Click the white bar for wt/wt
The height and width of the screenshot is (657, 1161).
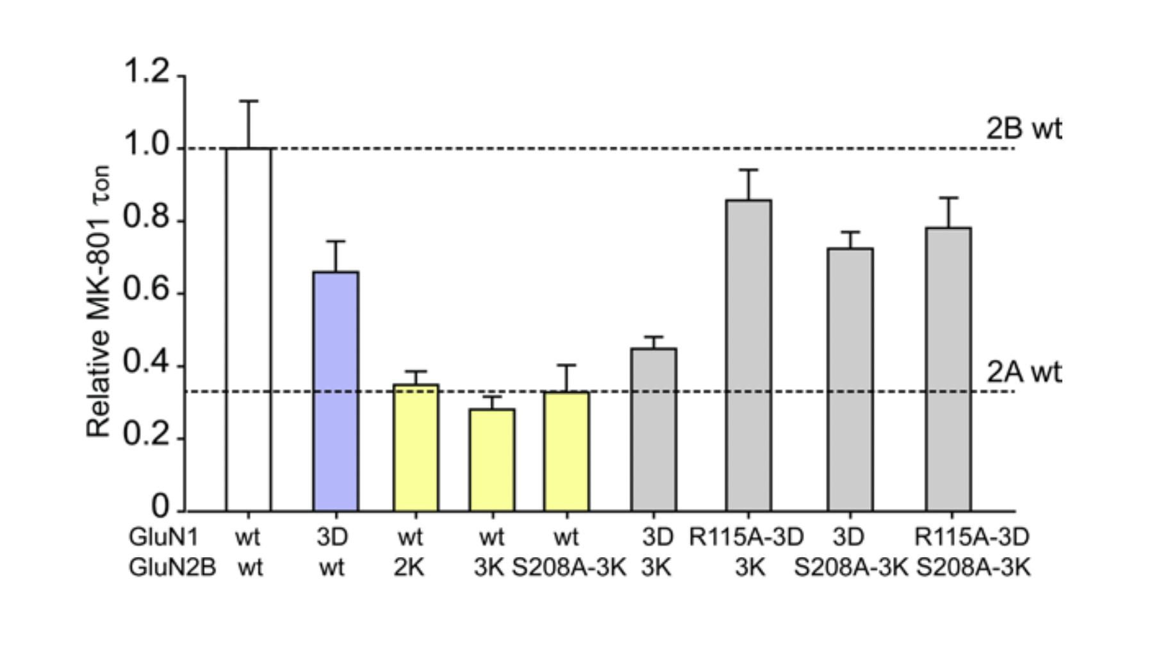pyautogui.click(x=248, y=330)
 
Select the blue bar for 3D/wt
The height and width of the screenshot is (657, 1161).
pyautogui.click(x=335, y=391)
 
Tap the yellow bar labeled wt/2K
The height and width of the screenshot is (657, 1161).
pyautogui.click(x=415, y=448)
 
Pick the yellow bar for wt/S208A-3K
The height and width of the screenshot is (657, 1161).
pyautogui.click(x=566, y=451)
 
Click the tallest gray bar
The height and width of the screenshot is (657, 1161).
pyautogui.click(x=748, y=355)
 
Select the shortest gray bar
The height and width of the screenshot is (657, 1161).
pyautogui.click(x=654, y=430)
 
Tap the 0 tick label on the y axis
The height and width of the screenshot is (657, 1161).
pyautogui.click(x=161, y=507)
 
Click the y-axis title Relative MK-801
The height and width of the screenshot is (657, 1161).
pyautogui.click(x=99, y=301)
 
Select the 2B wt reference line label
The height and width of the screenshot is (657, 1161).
pyautogui.click(x=1023, y=129)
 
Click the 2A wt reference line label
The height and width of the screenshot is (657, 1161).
pyautogui.click(x=1023, y=372)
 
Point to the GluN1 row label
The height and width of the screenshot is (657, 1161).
pyautogui.click(x=163, y=537)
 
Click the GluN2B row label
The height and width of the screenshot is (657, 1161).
pyautogui.click(x=172, y=567)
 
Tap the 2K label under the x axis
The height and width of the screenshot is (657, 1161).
pyautogui.click(x=409, y=567)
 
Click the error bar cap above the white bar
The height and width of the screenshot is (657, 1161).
pyautogui.click(x=248, y=101)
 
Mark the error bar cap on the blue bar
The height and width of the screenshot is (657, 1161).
pyautogui.click(x=335, y=241)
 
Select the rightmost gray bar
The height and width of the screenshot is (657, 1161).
pyautogui.click(x=948, y=369)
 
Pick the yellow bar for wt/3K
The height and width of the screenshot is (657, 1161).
pyautogui.click(x=491, y=460)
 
